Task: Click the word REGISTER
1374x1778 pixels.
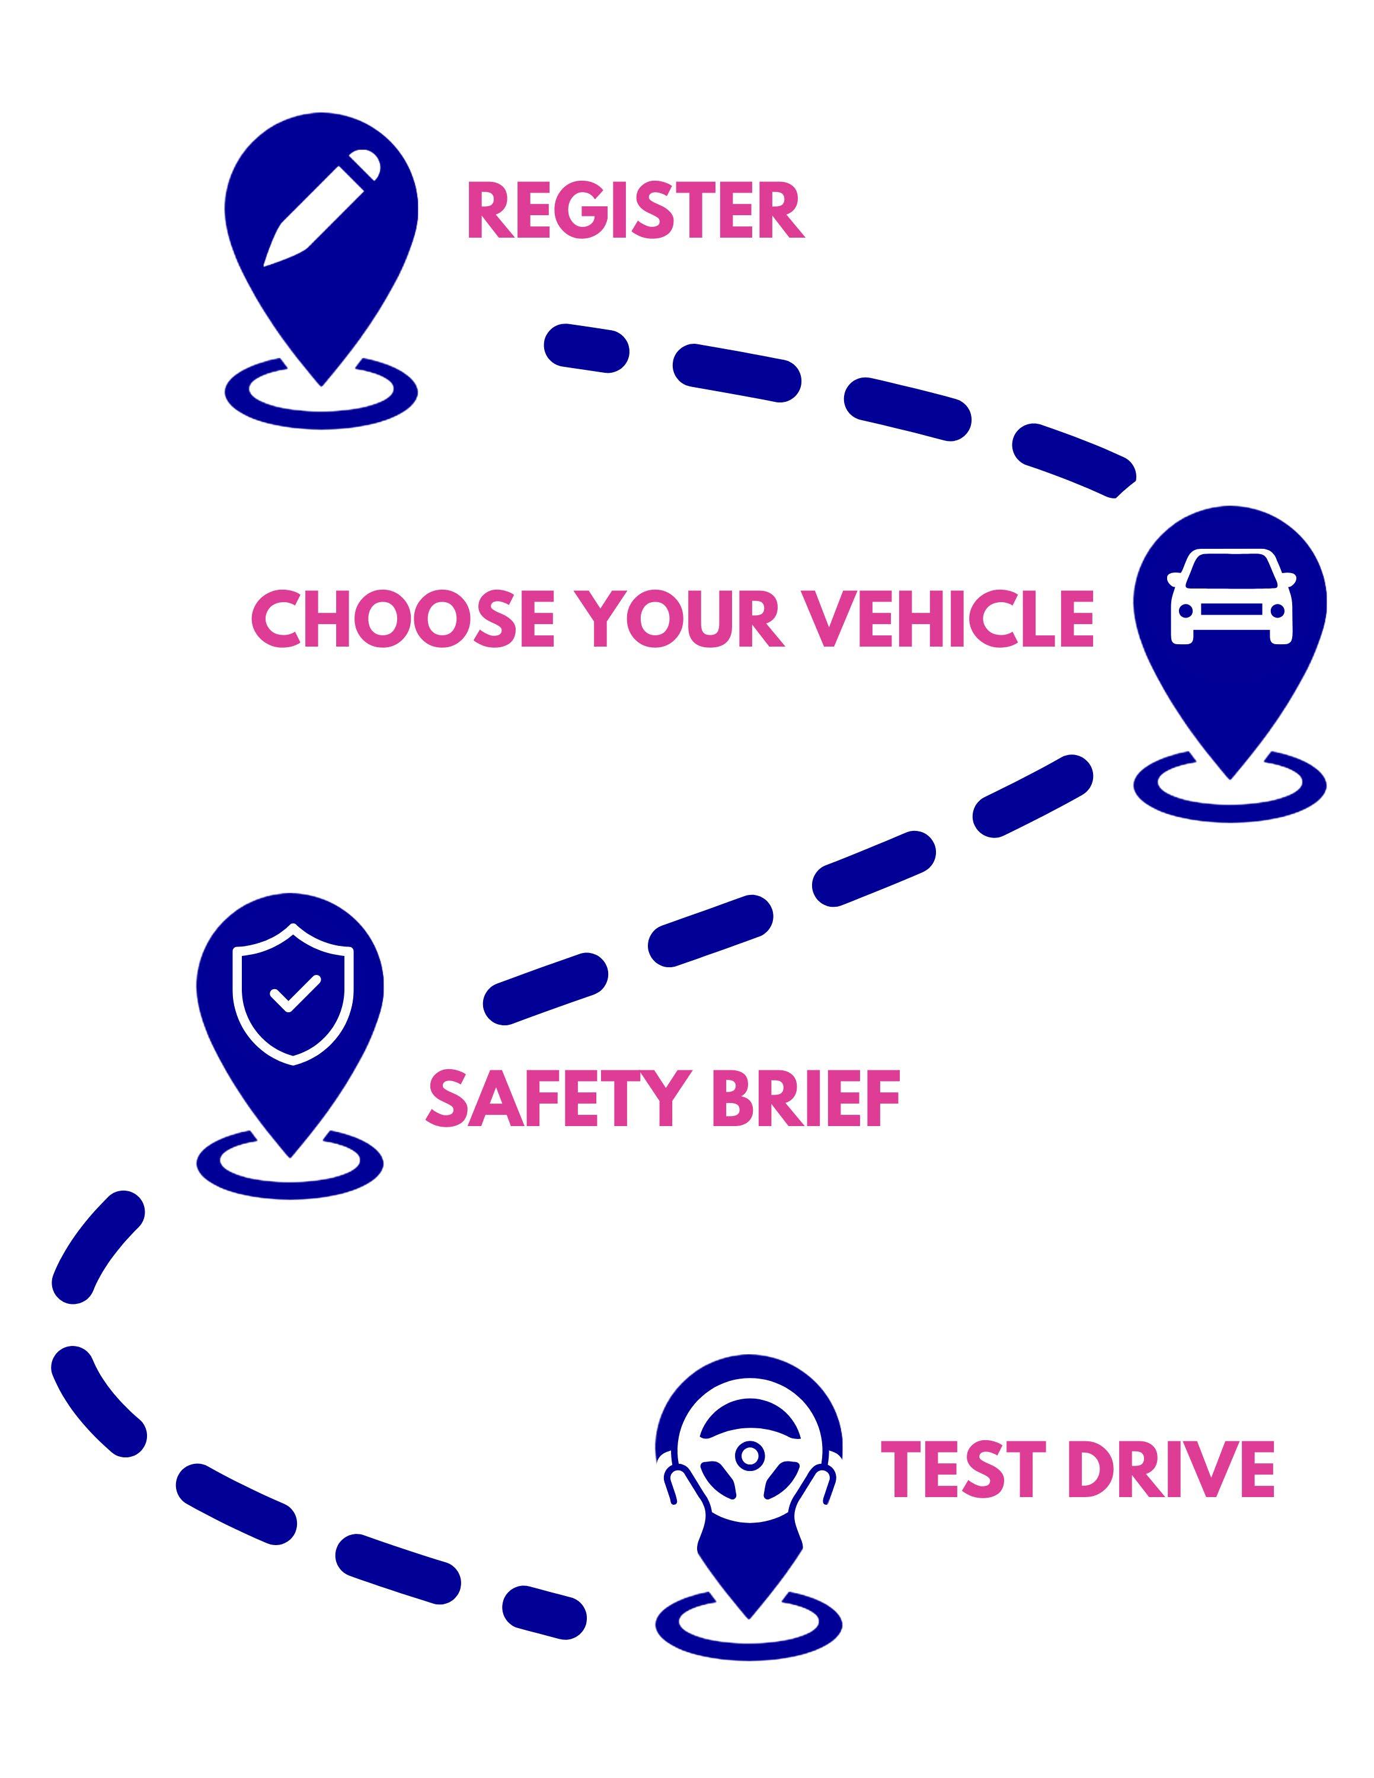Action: point(635,211)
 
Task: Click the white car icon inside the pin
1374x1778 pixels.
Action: point(1229,597)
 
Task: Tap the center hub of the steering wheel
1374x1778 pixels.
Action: point(749,1454)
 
